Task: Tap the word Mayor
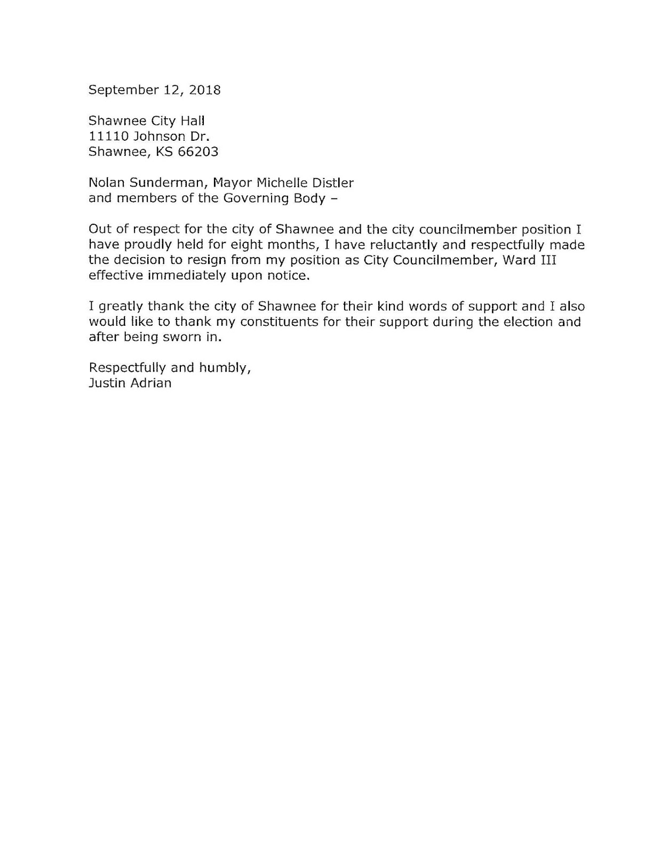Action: point(232,183)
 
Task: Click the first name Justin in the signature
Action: point(107,383)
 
